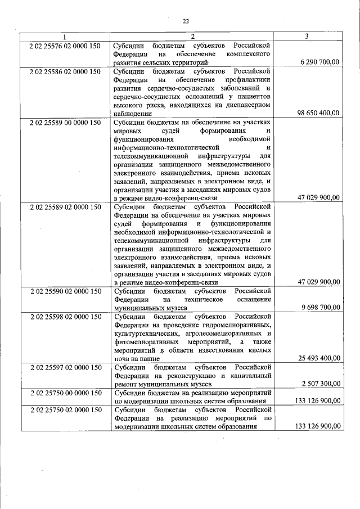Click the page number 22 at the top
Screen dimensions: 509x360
point(186,21)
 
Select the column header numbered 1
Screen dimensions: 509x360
point(64,37)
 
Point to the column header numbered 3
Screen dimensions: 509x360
point(307,37)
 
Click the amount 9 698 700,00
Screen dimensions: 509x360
point(320,308)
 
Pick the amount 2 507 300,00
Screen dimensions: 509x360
point(320,384)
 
